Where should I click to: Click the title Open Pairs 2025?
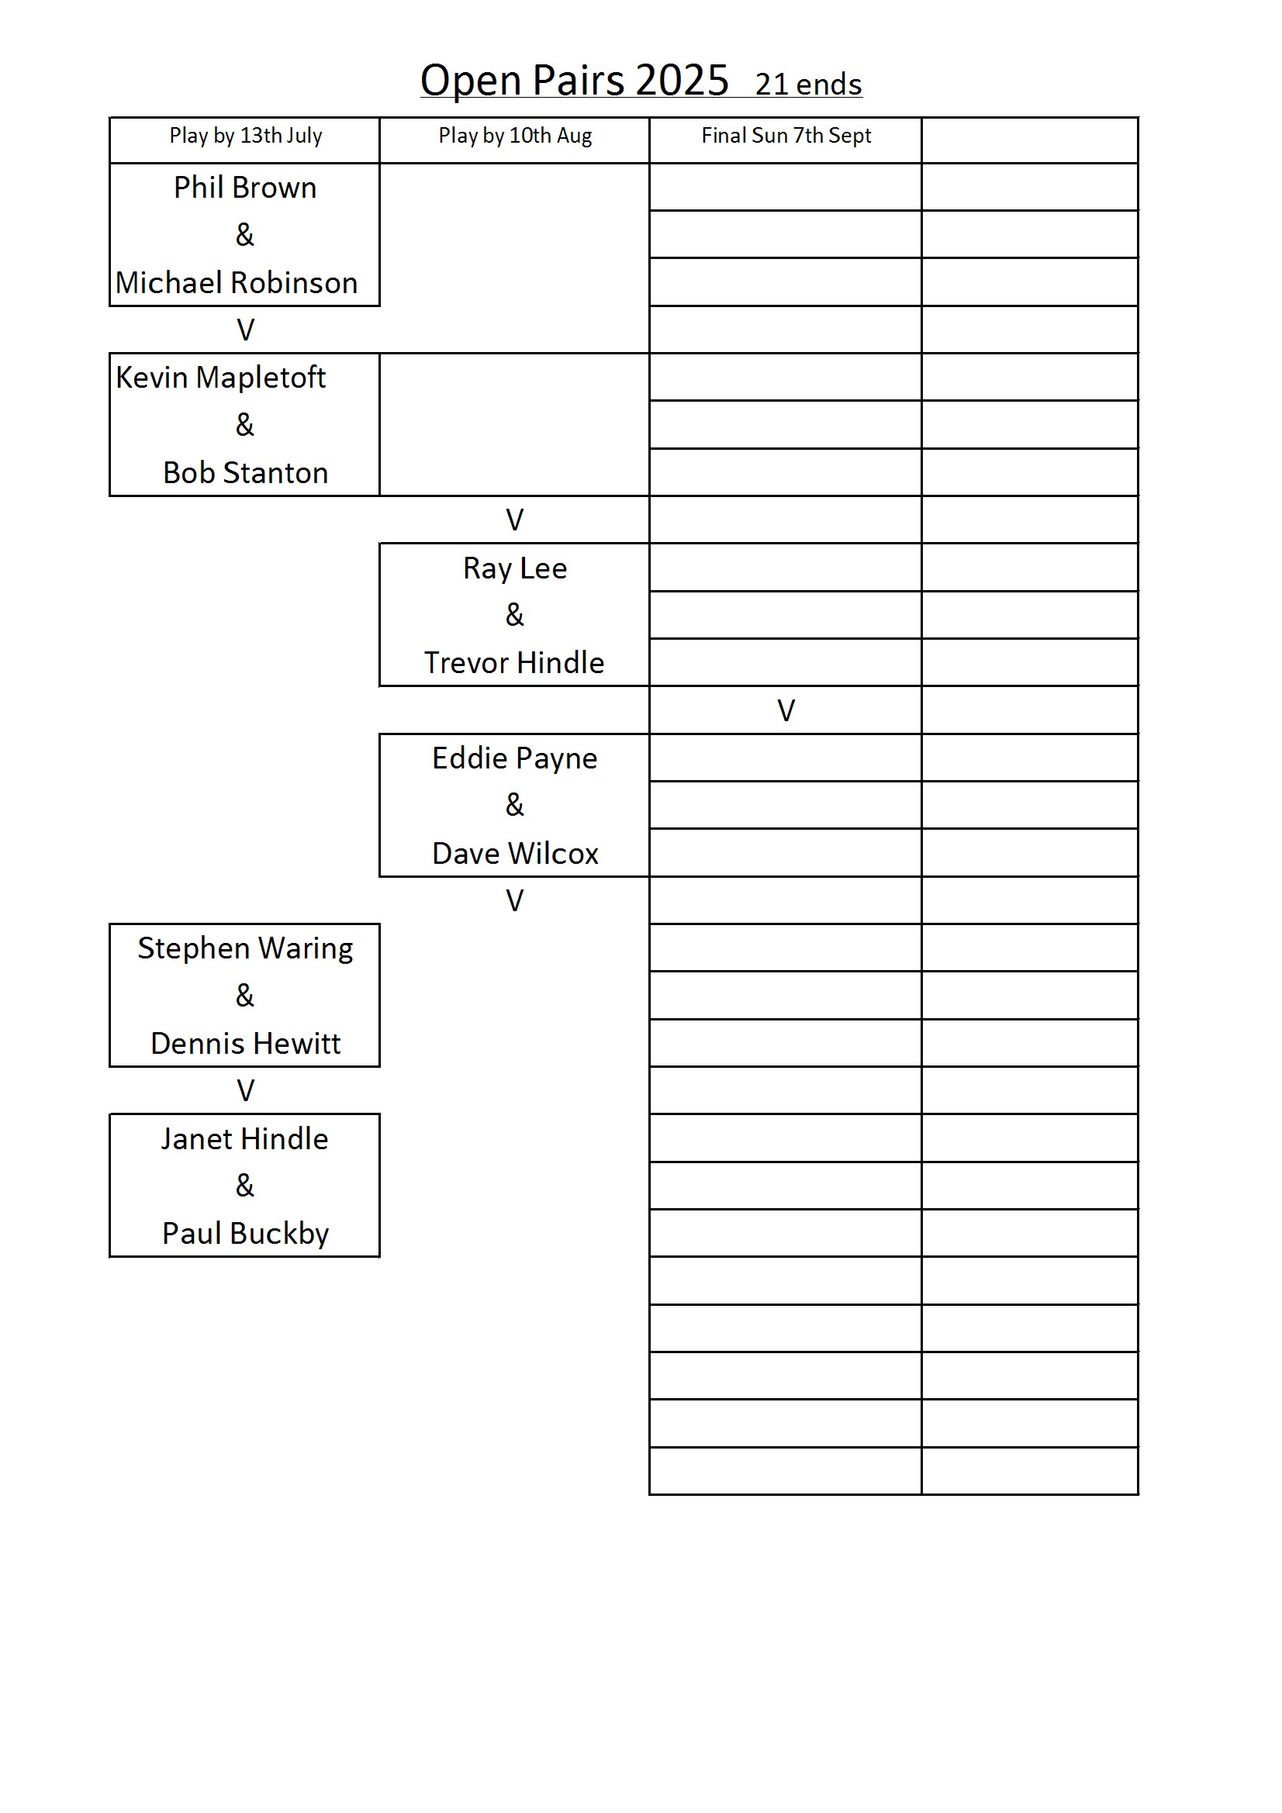[x=574, y=81]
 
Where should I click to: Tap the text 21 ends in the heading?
[x=808, y=85]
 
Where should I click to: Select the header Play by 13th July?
[x=246, y=136]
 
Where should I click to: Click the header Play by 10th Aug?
[x=515, y=136]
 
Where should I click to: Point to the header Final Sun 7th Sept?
[x=786, y=136]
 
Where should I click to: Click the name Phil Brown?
[x=245, y=188]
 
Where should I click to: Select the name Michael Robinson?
[x=237, y=283]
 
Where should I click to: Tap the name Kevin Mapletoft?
[x=220, y=378]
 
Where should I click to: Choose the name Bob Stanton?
[x=245, y=473]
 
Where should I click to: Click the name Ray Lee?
[x=515, y=568]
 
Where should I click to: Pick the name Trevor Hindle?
[x=514, y=663]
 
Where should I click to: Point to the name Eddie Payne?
[x=515, y=759]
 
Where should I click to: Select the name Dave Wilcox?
[x=515, y=854]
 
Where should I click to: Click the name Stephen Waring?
[x=245, y=949]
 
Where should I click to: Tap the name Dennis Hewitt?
[x=245, y=1044]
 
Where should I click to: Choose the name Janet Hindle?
[x=244, y=1139]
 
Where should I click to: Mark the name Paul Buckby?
[x=245, y=1235]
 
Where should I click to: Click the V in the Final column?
[x=786, y=711]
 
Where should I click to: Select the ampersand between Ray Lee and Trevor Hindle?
[x=514, y=615]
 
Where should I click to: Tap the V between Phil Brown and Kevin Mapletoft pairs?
[x=246, y=330]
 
